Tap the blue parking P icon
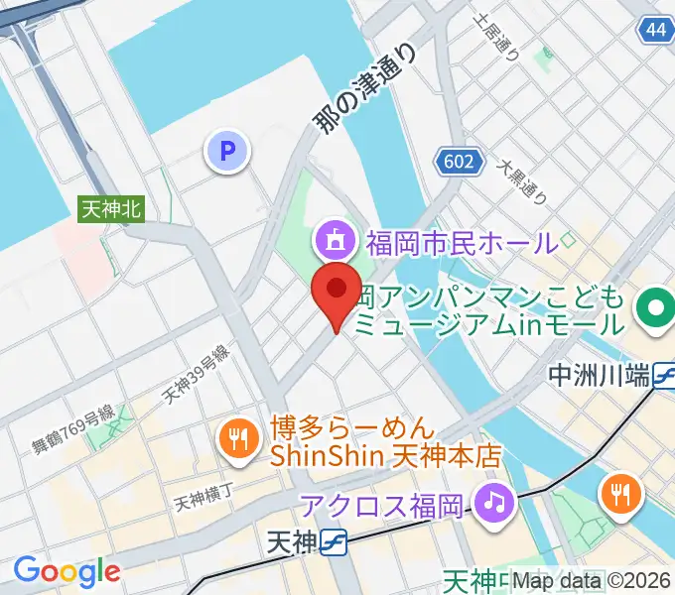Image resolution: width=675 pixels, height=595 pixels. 227,152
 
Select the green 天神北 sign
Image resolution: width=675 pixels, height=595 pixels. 111,208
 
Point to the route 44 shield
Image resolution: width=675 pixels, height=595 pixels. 654,30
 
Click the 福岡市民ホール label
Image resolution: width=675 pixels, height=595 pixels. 461,241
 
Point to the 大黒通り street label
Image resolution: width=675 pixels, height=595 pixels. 523,181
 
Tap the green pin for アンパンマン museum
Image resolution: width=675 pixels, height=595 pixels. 654,309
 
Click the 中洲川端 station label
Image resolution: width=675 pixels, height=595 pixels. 600,377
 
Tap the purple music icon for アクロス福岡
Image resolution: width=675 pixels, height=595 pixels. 492,503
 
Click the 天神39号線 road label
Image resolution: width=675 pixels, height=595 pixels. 197,380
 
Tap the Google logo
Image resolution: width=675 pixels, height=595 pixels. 67,571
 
